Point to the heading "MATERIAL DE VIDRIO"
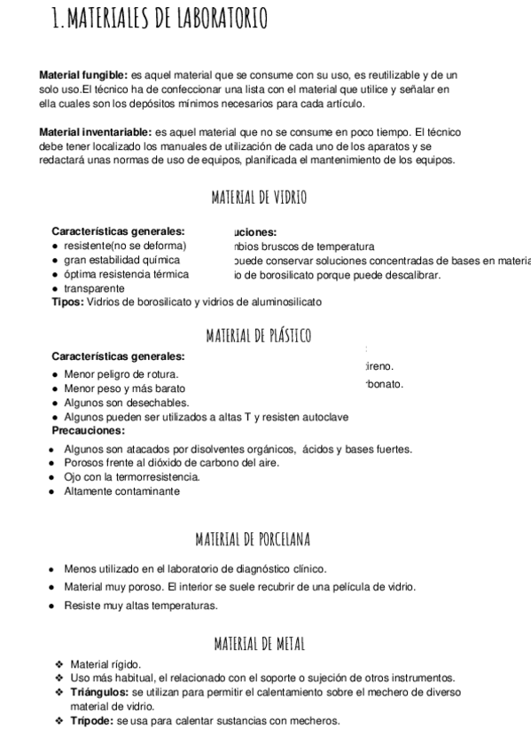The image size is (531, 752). tap(259, 198)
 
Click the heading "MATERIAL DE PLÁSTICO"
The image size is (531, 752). tap(259, 335)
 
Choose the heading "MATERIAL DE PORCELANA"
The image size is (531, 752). tap(258, 539)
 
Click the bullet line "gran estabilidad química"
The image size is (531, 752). tap(121, 260)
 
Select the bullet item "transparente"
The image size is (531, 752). tap(94, 288)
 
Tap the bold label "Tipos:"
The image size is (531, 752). tap(67, 302)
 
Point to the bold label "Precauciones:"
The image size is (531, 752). tap(89, 430)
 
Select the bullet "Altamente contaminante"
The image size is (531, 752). tap(121, 490)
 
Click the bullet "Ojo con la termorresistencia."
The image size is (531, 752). tap(132, 477)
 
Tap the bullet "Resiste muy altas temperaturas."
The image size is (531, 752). tap(141, 606)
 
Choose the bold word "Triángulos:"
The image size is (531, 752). tap(99, 691)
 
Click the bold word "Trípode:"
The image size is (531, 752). tap(91, 720)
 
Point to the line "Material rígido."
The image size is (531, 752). tap(105, 663)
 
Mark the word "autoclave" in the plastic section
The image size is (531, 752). tap(325, 416)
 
